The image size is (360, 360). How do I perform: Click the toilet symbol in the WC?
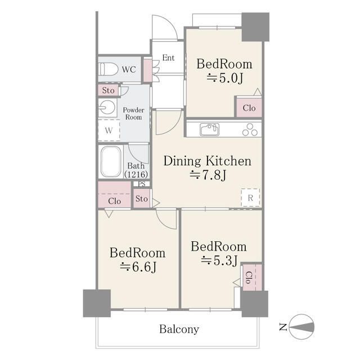point(108,69)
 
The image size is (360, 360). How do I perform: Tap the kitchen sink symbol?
point(209,129)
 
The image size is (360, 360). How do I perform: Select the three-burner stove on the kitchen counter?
point(250,130)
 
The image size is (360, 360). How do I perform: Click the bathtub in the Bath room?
point(111,161)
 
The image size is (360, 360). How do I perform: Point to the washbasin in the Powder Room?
point(107,107)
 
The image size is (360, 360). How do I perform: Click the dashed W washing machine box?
point(109,130)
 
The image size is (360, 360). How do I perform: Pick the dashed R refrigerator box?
point(250,197)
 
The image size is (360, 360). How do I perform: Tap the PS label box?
point(142,184)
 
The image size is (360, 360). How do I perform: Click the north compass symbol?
point(301,327)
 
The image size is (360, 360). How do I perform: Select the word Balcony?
point(179,329)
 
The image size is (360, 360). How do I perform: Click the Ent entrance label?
point(168,57)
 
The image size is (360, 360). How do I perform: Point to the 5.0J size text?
point(224,78)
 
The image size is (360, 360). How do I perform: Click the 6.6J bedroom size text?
point(138,267)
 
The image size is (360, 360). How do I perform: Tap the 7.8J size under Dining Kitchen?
point(208,175)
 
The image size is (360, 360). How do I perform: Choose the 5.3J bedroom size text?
point(219,260)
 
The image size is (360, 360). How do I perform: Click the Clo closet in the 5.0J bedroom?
point(249,107)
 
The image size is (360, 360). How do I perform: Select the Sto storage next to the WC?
point(109,90)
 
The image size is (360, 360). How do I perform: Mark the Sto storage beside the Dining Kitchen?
point(142,199)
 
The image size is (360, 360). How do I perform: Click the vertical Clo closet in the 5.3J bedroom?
point(252,277)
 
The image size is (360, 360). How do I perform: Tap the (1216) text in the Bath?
point(136,174)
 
